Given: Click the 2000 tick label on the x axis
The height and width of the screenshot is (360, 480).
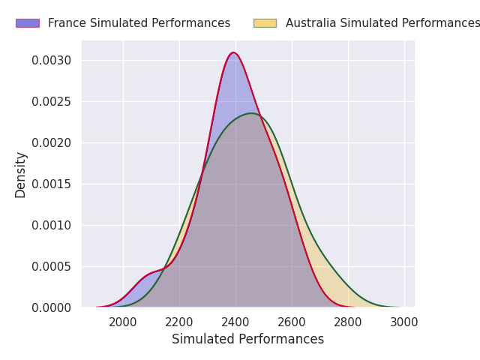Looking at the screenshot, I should click(x=123, y=322).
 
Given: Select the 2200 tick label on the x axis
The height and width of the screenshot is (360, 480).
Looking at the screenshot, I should click(x=179, y=322).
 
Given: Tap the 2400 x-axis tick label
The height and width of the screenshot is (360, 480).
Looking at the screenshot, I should click(x=235, y=322).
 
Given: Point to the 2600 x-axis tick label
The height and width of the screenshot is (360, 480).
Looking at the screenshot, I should click(x=292, y=322).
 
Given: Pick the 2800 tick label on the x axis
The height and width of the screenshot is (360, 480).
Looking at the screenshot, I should click(x=348, y=322).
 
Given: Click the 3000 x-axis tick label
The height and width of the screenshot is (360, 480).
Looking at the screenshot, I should click(x=404, y=322).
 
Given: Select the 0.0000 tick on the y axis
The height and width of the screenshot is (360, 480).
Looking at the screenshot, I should click(x=51, y=307).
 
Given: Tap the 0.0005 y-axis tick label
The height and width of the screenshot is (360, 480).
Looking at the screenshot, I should click(x=51, y=266).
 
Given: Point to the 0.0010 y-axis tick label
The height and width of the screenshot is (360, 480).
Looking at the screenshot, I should click(x=51, y=225).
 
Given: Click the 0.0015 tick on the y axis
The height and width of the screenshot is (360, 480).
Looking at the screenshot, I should click(x=51, y=184).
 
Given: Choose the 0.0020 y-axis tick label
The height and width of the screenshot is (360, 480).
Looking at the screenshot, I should click(x=51, y=142).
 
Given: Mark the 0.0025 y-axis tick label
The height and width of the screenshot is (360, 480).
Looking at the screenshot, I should click(x=51, y=101).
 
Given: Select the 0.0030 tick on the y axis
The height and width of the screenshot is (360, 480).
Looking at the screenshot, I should click(x=51, y=60).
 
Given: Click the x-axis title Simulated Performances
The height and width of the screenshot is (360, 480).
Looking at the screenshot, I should click(x=247, y=339).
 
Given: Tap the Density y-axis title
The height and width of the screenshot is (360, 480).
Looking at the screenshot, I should click(x=21, y=174).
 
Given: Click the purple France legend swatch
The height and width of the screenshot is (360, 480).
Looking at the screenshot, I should click(x=28, y=23).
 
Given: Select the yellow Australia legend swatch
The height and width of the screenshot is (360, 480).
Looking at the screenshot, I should click(x=265, y=23).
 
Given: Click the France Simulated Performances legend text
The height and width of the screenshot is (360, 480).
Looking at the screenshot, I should click(x=139, y=23).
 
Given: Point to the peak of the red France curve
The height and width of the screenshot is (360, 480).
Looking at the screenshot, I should click(x=234, y=52).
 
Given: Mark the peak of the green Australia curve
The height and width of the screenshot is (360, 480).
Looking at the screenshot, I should click(x=251, y=113).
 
